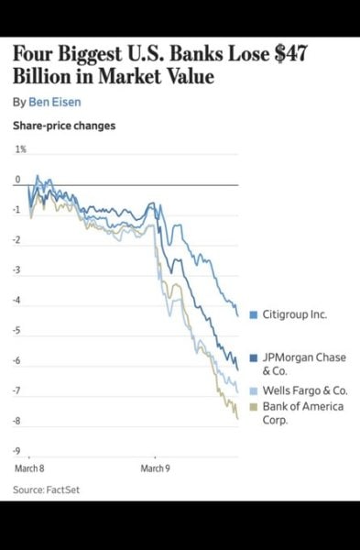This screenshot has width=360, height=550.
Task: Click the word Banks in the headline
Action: pos(182,57)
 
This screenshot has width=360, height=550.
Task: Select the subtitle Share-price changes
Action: pos(64,126)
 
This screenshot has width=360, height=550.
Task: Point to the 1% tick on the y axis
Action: pos(20,148)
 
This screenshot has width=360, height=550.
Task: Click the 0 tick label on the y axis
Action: pos(17,180)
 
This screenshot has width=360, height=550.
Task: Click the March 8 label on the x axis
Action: pos(28,468)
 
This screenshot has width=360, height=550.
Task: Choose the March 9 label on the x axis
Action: pos(155,468)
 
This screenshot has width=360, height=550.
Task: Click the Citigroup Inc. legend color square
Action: pos(254,314)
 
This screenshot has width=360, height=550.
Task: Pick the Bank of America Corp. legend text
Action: pos(302,412)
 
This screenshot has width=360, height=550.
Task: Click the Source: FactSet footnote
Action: pos(47,490)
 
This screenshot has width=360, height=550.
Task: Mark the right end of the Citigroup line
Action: pos(238,315)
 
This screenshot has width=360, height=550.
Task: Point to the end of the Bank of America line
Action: pos(238,418)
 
